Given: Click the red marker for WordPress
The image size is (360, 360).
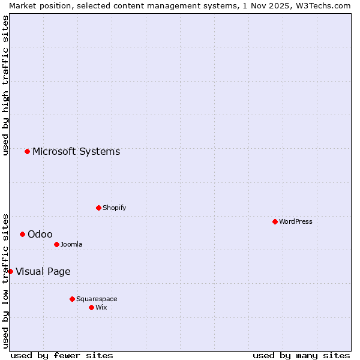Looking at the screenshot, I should coord(275,221).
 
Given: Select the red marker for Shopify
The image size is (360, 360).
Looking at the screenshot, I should coord(98,208).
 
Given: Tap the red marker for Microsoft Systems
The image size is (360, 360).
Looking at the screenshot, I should coord(27,151).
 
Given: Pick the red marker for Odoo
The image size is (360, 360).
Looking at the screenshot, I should coord(22,234).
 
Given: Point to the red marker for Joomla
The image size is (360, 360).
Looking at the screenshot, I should coord(56,244).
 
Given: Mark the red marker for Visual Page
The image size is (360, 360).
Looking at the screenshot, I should coord(10,271).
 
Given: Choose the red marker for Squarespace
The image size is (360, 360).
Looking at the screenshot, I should coord(72,299).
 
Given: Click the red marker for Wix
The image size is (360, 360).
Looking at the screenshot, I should coord(91,307).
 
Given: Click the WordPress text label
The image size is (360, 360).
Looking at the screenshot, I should coord(296,221).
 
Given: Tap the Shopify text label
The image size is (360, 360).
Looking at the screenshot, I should coord(115,208).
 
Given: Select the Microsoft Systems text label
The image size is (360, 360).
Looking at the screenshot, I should coord(76,151).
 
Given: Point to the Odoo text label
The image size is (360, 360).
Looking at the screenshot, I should coord(40,234).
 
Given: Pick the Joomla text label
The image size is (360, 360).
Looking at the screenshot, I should coord(71,244).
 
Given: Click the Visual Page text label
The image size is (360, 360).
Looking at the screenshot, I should coord(43,271).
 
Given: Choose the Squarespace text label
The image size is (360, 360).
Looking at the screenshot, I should coord(97,299).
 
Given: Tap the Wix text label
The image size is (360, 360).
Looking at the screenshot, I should coord(101,307).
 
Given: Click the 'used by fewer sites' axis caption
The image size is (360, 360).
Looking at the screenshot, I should coord(62,355).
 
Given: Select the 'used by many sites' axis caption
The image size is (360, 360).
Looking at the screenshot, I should coord(301,355).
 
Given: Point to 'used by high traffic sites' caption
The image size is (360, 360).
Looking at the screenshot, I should coord(5,85).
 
